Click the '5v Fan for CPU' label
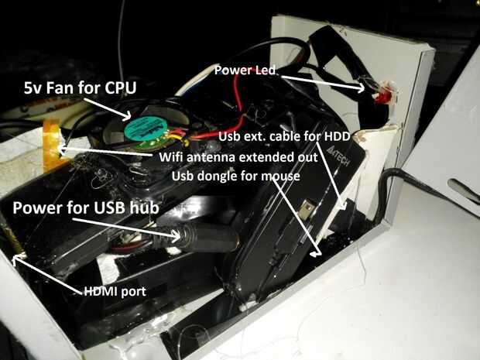(x=80, y=87)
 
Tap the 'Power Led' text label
(x=245, y=70)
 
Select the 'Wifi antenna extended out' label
(x=238, y=157)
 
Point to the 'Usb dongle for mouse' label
(x=235, y=176)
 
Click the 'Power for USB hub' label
(x=86, y=207)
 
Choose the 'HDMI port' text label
(x=115, y=291)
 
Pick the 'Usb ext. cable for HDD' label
(x=284, y=136)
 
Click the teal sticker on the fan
(x=146, y=129)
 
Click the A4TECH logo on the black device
(x=339, y=156)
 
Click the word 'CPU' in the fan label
(x=120, y=87)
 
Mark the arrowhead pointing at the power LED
(x=360, y=87)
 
